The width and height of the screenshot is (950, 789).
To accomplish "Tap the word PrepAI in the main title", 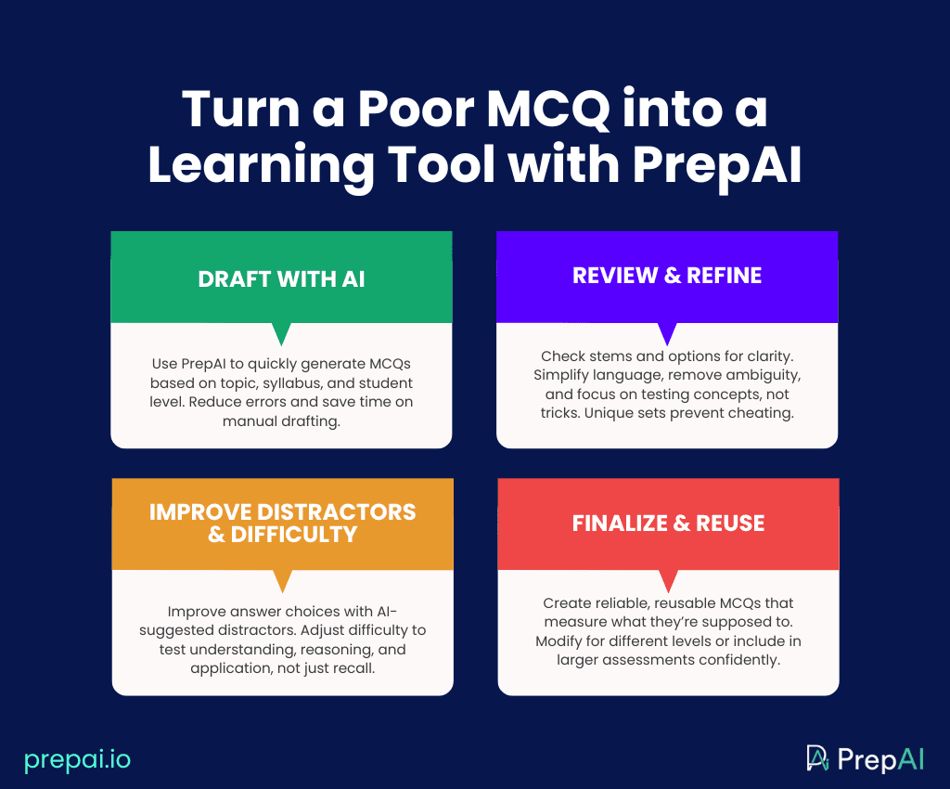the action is coord(717,165).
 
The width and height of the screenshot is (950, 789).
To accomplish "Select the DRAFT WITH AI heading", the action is coord(282,278).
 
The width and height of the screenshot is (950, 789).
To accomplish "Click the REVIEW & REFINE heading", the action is coord(667,276).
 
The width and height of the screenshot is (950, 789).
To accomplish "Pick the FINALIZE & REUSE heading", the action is coord(668,523).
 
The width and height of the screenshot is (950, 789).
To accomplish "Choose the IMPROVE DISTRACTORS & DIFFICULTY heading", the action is coord(282,523).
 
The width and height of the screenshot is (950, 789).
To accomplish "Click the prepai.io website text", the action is coord(78,760).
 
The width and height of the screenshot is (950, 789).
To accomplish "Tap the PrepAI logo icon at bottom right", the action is coord(817,758).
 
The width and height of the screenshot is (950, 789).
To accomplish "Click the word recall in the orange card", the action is coord(355,668).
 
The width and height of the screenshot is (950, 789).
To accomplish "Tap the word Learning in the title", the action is coord(261,166).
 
